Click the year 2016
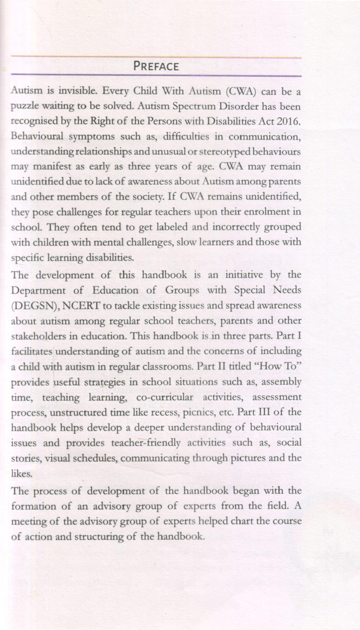289,122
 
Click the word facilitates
32,351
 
